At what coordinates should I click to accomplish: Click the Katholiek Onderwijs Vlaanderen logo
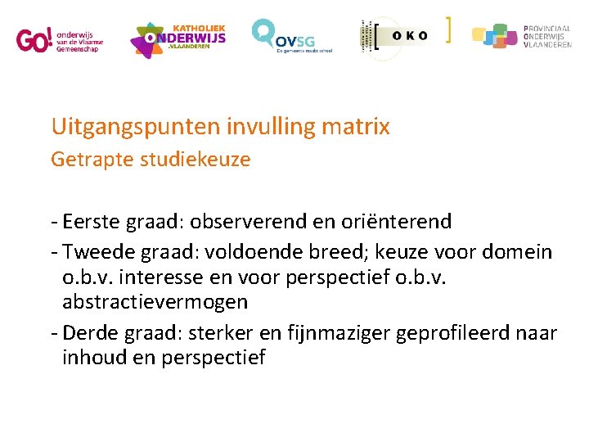click(178, 39)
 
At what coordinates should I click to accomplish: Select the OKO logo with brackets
click(404, 36)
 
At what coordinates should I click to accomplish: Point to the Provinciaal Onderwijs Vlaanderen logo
click(521, 37)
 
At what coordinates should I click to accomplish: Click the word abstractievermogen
click(155, 302)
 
